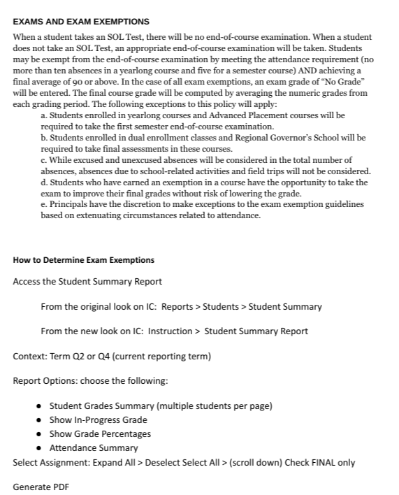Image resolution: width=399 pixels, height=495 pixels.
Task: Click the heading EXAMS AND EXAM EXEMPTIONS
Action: (81, 22)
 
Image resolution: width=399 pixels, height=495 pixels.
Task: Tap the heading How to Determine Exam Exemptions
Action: (84, 260)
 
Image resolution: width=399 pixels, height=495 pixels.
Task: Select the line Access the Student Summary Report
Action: (87, 281)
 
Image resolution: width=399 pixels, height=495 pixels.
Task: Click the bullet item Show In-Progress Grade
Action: (98, 419)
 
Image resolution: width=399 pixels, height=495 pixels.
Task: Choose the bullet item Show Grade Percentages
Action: (100, 433)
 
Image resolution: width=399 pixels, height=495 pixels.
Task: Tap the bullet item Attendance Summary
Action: (94, 447)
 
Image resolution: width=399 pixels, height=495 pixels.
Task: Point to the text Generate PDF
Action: (41, 487)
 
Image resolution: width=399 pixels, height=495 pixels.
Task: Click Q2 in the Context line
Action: (78, 357)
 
